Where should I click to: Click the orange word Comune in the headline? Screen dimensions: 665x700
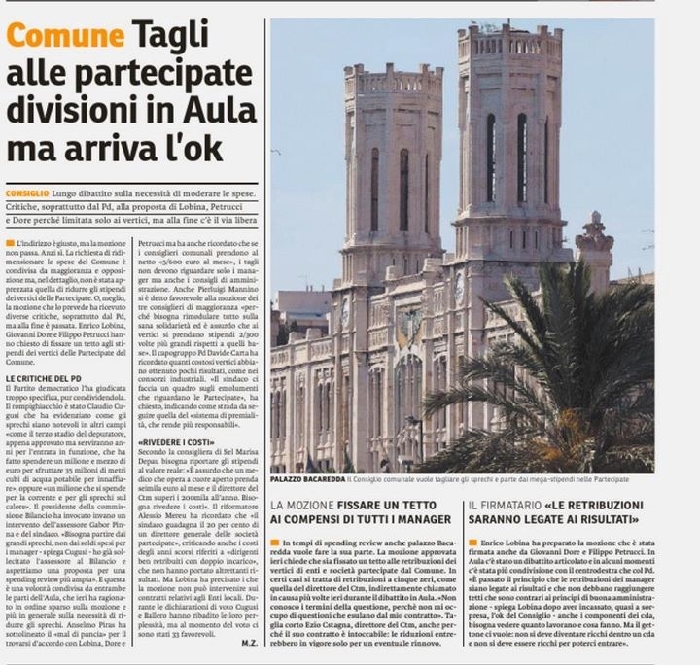point(60,38)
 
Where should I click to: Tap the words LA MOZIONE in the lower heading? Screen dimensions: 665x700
point(303,507)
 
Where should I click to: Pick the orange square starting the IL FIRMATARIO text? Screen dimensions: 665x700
point(472,542)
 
